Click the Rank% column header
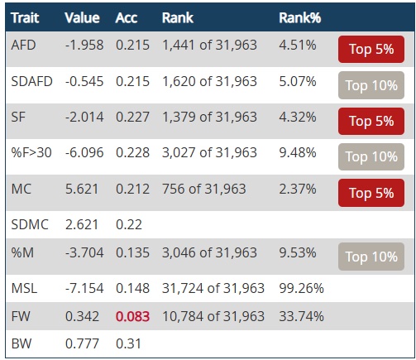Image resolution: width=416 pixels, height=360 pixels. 300,18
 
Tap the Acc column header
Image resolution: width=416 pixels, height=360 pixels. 127,18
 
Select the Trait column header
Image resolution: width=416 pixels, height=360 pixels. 25,18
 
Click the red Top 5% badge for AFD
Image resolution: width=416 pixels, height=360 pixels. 371,49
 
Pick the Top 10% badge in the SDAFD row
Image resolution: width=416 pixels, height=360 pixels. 371,85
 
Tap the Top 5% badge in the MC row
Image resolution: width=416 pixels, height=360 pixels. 371,193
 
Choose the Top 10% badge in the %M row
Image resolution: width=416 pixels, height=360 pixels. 371,257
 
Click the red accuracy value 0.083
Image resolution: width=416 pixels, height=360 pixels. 132,316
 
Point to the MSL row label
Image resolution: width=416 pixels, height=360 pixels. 24,289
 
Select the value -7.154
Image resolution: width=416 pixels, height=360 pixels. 84,289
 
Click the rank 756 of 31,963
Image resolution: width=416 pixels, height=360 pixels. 204,189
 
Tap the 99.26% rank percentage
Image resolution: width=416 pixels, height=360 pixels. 301,289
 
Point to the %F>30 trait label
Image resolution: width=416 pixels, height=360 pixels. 31,152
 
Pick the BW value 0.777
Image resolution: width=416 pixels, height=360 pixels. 82,343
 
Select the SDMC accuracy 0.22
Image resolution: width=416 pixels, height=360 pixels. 129,224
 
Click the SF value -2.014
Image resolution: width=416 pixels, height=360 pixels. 84,117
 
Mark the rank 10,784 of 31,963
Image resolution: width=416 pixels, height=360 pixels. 213,316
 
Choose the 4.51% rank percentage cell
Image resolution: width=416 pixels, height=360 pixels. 298,45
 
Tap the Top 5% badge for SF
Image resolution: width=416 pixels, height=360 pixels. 371,121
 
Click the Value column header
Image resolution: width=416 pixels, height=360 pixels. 82,18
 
